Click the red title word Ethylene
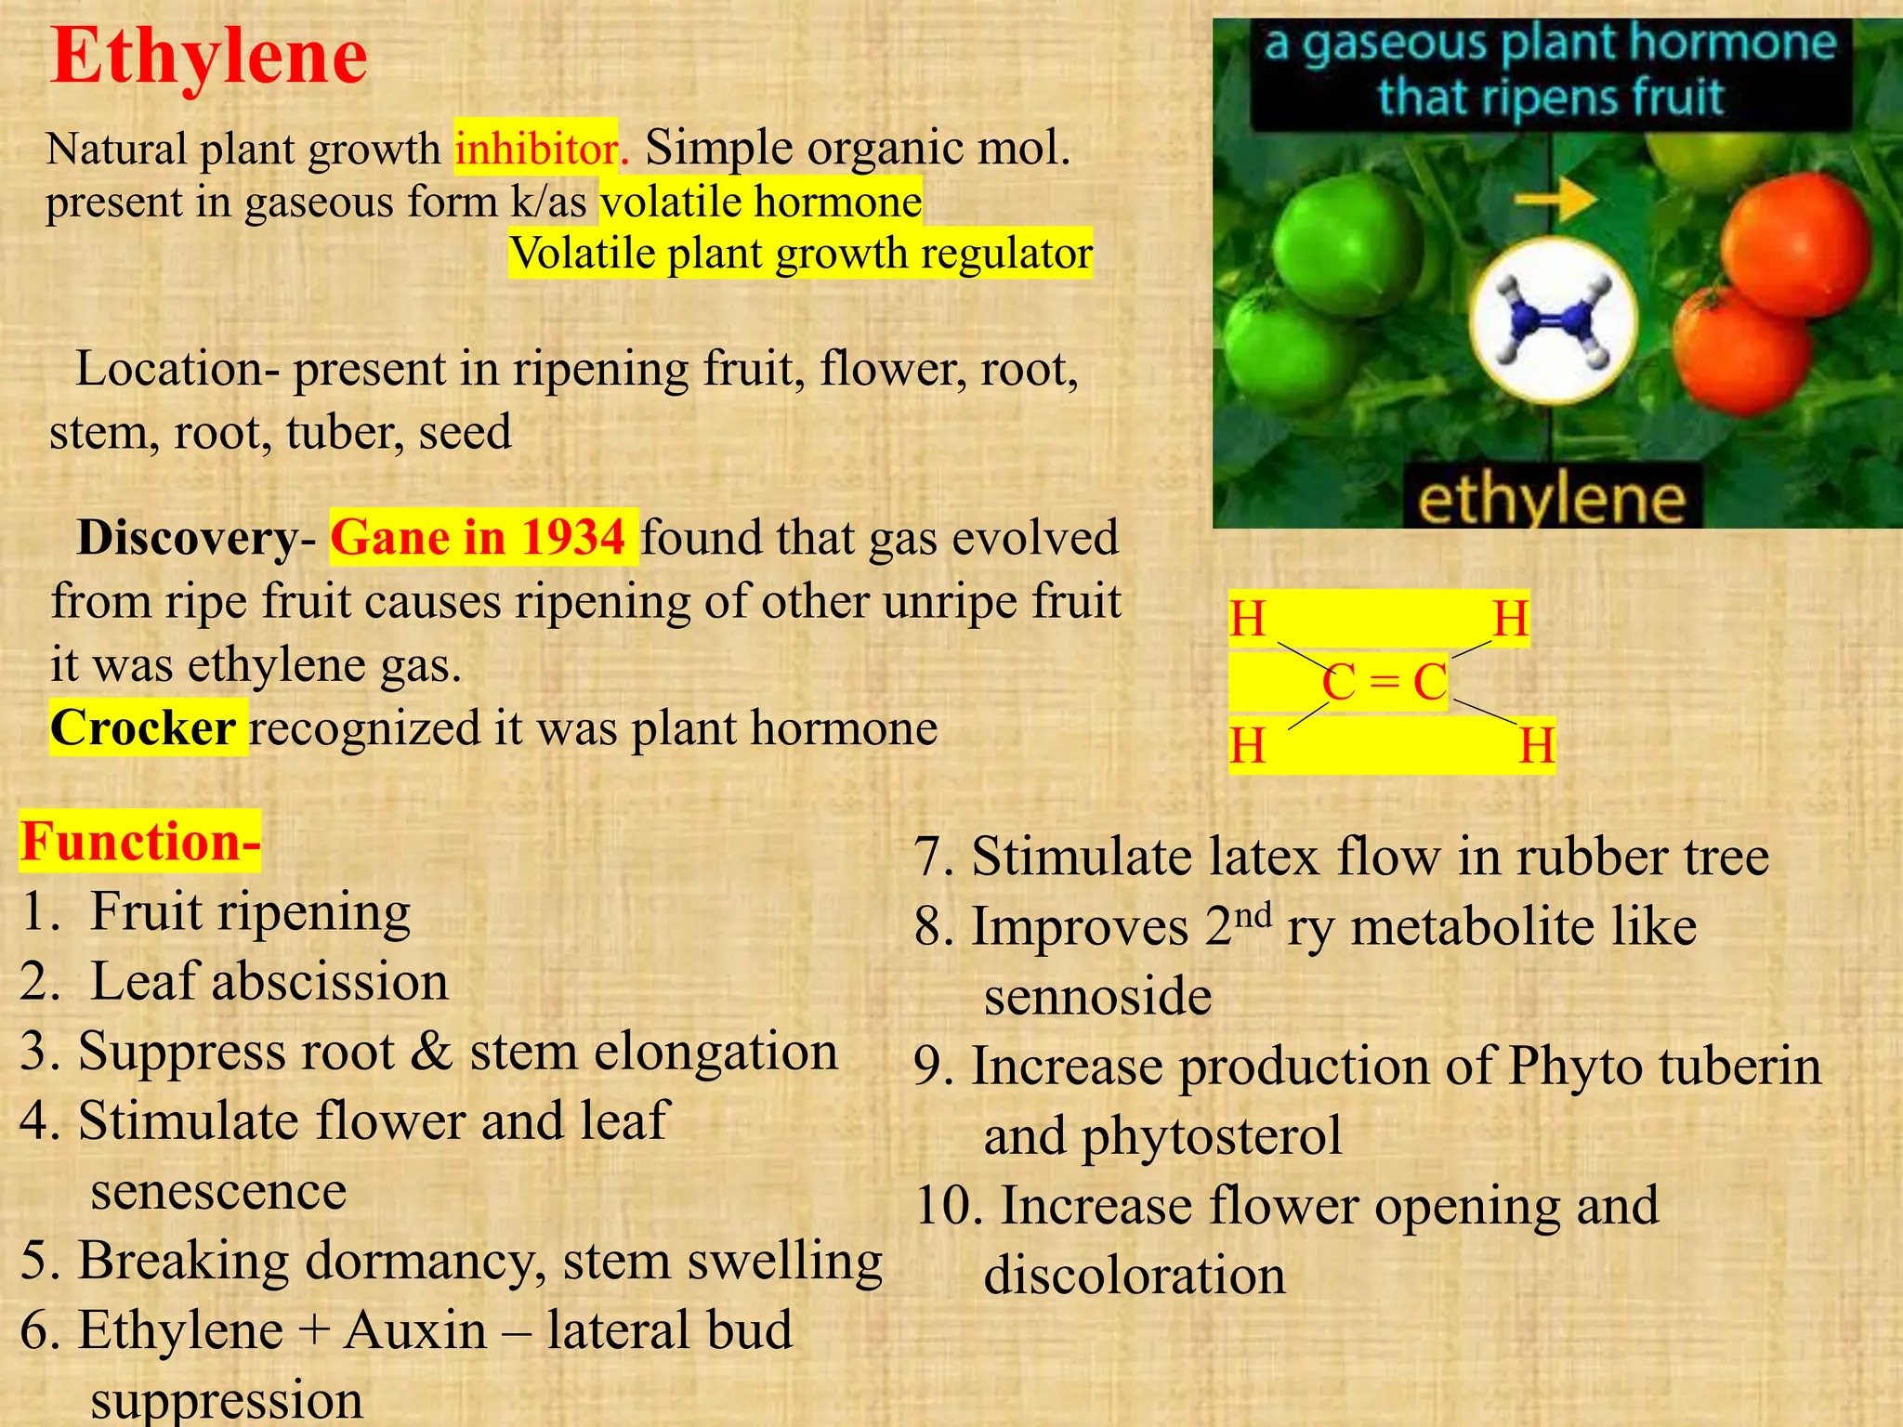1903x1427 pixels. click(209, 58)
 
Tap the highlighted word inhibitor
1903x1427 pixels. click(536, 149)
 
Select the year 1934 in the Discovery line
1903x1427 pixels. click(572, 538)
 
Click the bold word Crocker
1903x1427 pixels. click(143, 727)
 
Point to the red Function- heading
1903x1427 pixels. click(139, 842)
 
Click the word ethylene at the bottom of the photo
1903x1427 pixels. click(1551, 500)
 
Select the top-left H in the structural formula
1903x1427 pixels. click(1247, 619)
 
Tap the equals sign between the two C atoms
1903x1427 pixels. click(1384, 683)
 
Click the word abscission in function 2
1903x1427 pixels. click(330, 982)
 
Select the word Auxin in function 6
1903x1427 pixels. click(415, 1330)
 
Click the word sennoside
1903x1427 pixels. click(1097, 997)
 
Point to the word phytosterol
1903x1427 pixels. click(1212, 1136)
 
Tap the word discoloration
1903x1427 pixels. click(1135, 1276)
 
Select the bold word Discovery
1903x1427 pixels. click(186, 538)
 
